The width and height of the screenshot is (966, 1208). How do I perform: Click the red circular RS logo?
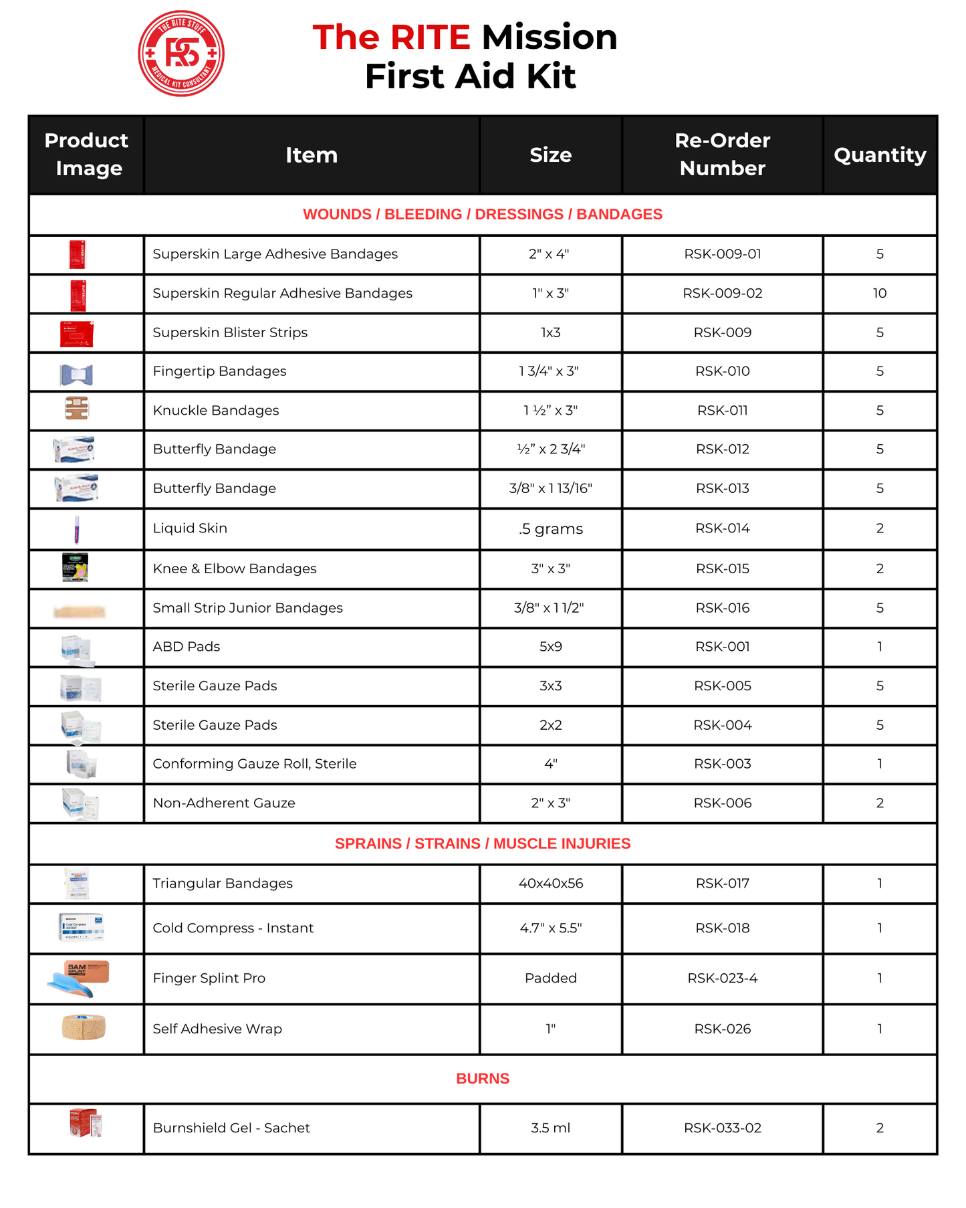tap(181, 54)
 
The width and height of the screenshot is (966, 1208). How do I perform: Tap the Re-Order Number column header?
tap(722, 155)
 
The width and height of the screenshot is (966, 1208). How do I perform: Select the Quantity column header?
tap(879, 155)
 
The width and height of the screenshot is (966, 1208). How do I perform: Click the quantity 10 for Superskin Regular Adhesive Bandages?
tap(879, 293)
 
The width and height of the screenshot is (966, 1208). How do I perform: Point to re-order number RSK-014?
tap(722, 528)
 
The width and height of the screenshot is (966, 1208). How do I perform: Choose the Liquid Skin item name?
tap(190, 528)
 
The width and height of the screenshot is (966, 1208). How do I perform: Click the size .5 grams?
tap(550, 529)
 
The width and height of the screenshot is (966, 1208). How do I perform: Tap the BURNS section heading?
tap(483, 1078)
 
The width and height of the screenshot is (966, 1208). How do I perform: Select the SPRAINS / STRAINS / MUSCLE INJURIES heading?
tap(483, 843)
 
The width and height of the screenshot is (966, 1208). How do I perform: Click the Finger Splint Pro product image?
tap(79, 979)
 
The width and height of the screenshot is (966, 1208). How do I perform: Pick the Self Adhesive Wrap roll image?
tap(84, 1027)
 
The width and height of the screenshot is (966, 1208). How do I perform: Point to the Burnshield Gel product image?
tap(86, 1124)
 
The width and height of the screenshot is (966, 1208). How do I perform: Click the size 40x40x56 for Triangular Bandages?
tap(550, 884)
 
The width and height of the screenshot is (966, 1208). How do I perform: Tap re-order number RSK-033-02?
tap(722, 1128)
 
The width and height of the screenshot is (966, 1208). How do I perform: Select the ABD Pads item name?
tap(187, 647)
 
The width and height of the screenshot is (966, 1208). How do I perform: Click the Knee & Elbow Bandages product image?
tap(75, 568)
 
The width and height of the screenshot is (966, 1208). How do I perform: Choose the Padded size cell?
tap(550, 979)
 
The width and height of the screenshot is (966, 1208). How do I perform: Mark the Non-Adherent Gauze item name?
tap(224, 803)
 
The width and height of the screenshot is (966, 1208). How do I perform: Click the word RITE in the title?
tap(430, 37)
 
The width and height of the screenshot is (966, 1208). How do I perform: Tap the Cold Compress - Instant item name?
tap(233, 928)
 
